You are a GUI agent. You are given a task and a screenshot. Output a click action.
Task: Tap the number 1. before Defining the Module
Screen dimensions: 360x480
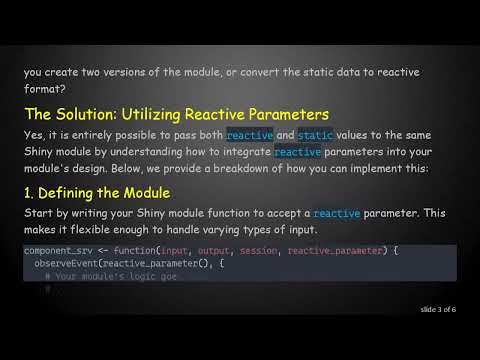(31, 192)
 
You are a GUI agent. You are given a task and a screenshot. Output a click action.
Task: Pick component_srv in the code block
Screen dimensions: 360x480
(57, 250)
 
